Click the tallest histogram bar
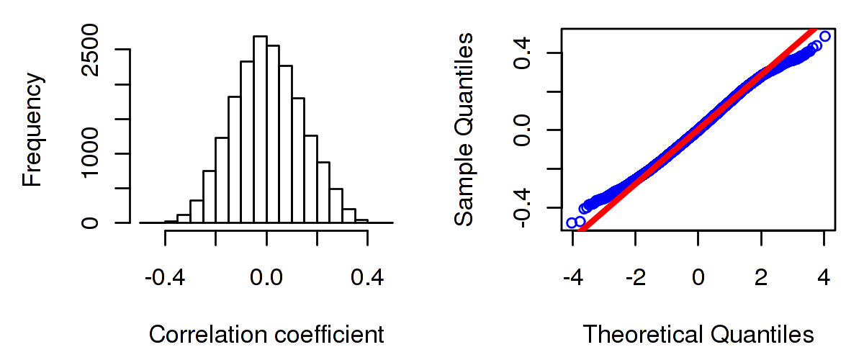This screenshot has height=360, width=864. point(260,130)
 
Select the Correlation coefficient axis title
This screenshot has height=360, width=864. point(266,335)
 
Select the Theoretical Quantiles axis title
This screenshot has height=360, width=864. point(698,335)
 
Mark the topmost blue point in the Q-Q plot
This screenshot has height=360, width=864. point(824,36)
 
